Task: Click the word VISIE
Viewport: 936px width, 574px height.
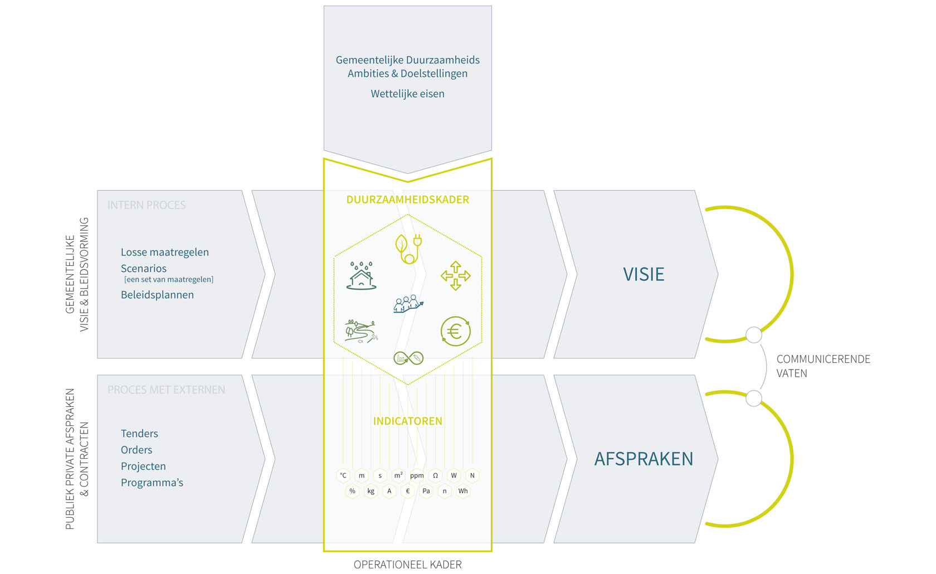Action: (643, 274)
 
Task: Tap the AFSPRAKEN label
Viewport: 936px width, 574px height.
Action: (643, 459)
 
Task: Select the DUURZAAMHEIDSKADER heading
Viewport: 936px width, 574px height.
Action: (407, 200)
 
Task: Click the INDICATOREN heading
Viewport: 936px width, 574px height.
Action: (407, 421)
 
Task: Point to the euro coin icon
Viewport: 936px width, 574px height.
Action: (455, 332)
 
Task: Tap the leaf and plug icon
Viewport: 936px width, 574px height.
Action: (408, 249)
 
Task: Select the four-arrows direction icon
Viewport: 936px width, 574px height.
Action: (455, 275)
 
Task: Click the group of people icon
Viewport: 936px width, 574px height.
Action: (408, 304)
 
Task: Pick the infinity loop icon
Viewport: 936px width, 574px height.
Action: (408, 358)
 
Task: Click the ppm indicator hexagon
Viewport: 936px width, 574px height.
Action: (417, 475)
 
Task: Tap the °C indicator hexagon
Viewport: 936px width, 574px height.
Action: (343, 475)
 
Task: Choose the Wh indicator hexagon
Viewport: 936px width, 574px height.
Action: (463, 491)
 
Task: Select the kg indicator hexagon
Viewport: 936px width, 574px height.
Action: (370, 491)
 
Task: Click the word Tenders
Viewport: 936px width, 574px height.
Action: (139, 434)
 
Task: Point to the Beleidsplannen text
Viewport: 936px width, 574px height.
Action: (157, 295)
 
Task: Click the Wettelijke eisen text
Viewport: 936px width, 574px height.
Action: (407, 94)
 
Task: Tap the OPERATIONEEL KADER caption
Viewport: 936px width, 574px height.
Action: (407, 565)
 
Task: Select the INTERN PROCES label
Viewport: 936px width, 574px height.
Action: (147, 205)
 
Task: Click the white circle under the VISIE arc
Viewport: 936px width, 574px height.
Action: (754, 335)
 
